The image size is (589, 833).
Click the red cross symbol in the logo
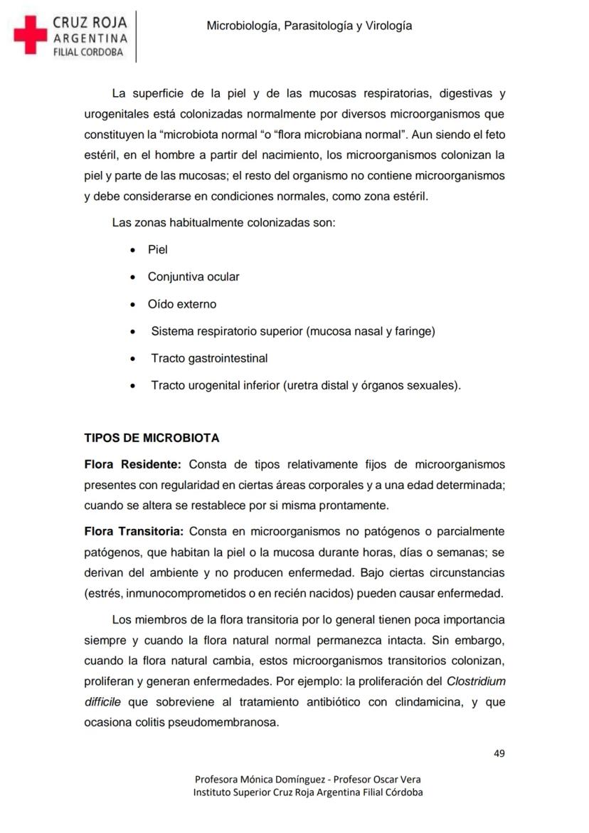[x=30, y=35]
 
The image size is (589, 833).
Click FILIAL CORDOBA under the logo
[x=88, y=52]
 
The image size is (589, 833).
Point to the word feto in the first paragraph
[x=493, y=135]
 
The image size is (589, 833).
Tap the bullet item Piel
[x=157, y=250]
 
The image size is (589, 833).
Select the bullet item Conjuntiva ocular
[x=193, y=277]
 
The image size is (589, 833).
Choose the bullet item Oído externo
[x=181, y=304]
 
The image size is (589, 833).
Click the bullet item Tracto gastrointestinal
[x=209, y=358]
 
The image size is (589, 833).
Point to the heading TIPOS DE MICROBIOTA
[x=152, y=438]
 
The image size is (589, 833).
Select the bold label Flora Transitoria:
[x=134, y=532]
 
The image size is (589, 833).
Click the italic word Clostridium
[x=476, y=681]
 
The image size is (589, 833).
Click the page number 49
[x=499, y=754]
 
